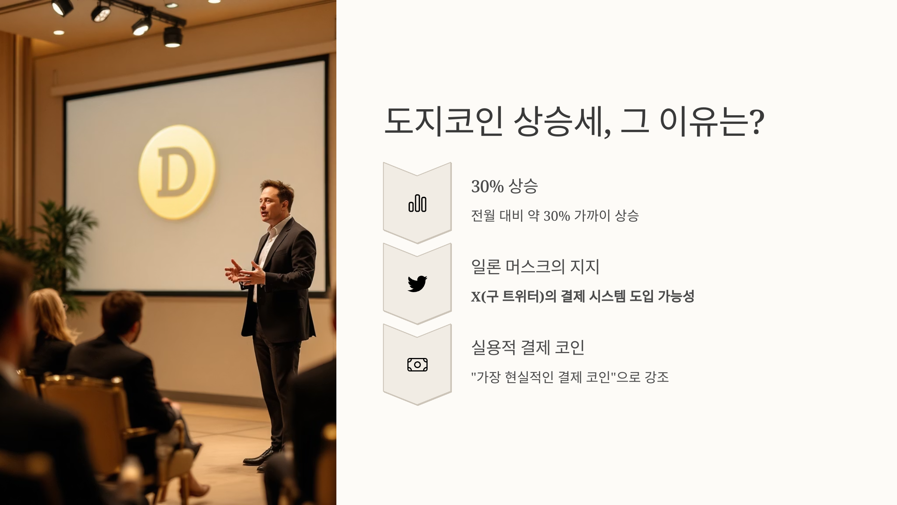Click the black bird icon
(417, 284)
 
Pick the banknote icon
(417, 364)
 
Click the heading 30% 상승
(504, 186)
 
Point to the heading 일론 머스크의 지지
(535, 267)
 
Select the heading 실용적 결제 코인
(528, 348)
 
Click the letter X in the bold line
(475, 297)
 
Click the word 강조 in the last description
(657, 377)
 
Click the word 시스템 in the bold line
(607, 297)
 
